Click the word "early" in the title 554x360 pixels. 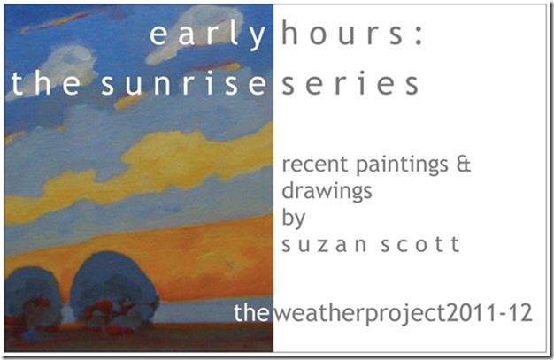tap(208, 35)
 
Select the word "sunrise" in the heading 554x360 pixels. tap(183, 83)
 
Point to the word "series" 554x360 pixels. tap(350, 84)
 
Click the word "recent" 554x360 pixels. tap(315, 165)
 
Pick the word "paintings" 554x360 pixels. tap(402, 166)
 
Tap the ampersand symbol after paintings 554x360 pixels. tap(464, 165)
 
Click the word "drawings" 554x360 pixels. tap(327, 192)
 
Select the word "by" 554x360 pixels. tap(293, 218)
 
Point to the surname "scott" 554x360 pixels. tap(420, 244)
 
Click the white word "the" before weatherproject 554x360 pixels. tap(251, 312)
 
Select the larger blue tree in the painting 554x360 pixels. tap(114, 290)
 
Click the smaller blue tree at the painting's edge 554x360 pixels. tap(33, 300)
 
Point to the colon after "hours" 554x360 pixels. tap(419, 37)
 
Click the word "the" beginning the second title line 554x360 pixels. tap(46, 83)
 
